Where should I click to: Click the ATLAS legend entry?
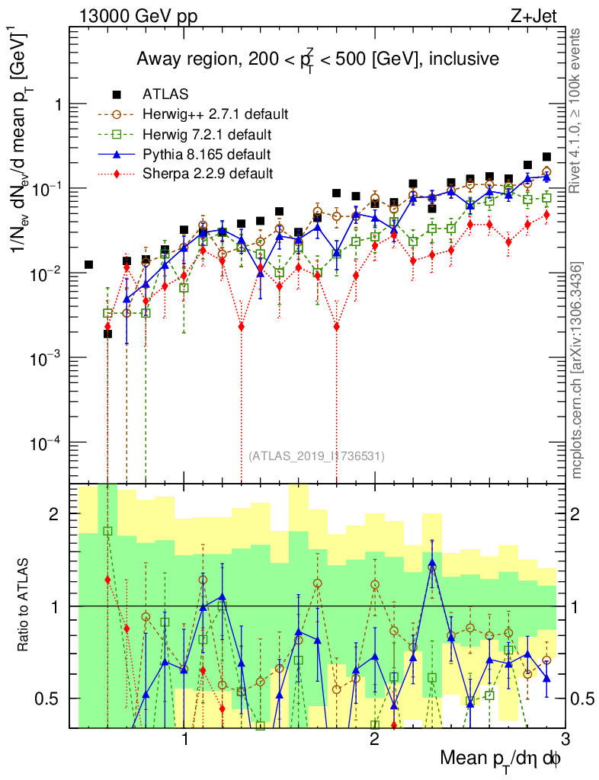coord(165,94)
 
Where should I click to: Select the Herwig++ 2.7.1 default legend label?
coord(216,114)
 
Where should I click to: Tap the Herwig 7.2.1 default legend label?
coord(208,135)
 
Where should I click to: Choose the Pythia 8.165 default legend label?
coord(207,155)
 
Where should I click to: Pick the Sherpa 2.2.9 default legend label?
coord(207,174)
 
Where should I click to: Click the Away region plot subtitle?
coord(317,59)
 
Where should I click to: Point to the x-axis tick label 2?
coord(374,738)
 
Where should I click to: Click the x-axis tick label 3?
coord(564,738)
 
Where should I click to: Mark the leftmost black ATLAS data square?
coord(88,264)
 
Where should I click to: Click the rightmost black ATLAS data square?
coord(546,157)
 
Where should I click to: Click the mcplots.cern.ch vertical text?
coord(577,371)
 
